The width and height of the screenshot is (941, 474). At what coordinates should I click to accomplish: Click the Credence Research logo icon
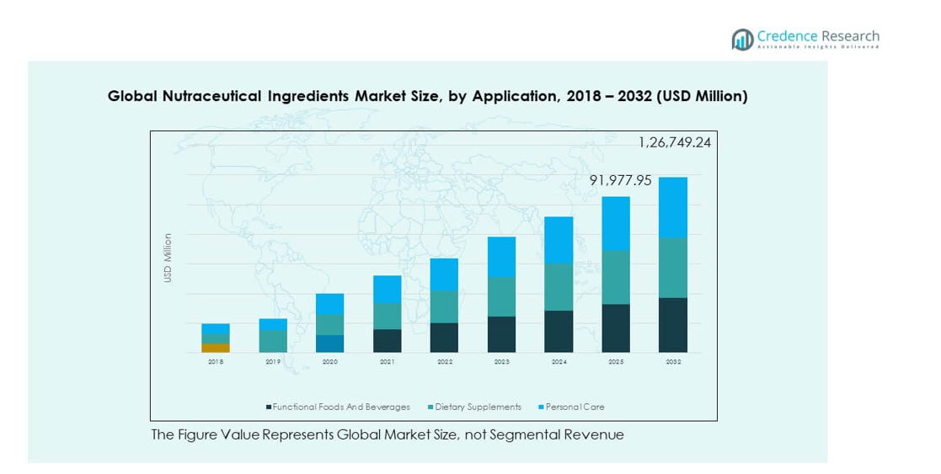coord(742,39)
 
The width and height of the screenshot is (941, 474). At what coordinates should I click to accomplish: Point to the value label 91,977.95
coord(620,180)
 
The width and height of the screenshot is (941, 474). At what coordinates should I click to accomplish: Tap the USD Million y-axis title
coord(168,258)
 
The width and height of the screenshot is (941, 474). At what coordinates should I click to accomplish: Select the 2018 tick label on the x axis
coord(216,361)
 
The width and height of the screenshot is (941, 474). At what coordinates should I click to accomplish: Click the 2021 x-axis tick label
coord(388,361)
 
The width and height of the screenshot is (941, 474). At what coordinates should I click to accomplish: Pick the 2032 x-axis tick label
coord(673,361)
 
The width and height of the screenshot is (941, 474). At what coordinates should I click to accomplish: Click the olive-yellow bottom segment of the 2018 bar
coord(216,348)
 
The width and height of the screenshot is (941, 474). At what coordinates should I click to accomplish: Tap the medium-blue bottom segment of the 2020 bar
coord(330,344)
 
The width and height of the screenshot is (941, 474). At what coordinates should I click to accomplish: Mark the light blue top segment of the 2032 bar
coord(673,207)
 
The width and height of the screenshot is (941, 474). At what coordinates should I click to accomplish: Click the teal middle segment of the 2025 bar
coord(616,277)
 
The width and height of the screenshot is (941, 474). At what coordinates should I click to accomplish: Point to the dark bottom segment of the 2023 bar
coord(502,334)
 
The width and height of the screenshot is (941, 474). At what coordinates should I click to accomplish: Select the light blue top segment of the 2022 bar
coord(445,274)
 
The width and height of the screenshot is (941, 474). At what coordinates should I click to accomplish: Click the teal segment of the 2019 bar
coord(273,340)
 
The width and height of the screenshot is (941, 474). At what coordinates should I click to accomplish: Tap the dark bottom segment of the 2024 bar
coord(559,331)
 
